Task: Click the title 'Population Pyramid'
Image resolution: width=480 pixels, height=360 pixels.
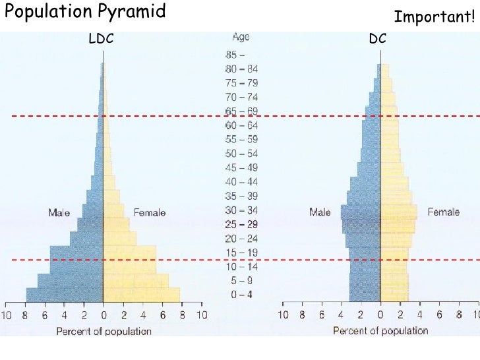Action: click(x=85, y=13)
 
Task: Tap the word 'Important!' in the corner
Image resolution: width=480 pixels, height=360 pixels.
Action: click(x=435, y=17)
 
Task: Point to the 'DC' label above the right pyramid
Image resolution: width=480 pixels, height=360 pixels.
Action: click(x=378, y=40)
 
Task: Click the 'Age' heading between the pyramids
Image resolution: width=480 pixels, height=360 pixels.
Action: click(x=241, y=38)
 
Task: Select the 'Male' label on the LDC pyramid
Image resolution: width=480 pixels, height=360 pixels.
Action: click(x=59, y=213)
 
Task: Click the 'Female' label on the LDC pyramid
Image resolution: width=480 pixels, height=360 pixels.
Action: click(x=150, y=213)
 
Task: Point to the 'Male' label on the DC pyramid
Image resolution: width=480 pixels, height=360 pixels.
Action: click(x=320, y=212)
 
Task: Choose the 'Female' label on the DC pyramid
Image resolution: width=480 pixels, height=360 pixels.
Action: click(x=444, y=212)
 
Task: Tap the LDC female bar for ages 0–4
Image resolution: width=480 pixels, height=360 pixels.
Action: click(x=141, y=295)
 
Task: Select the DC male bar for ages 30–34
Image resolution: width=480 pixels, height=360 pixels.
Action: click(x=361, y=211)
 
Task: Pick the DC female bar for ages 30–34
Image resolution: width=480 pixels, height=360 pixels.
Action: click(x=398, y=211)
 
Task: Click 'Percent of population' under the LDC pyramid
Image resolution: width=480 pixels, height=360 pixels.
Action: click(x=104, y=331)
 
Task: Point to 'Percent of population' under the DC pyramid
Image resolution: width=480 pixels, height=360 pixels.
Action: click(x=380, y=331)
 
